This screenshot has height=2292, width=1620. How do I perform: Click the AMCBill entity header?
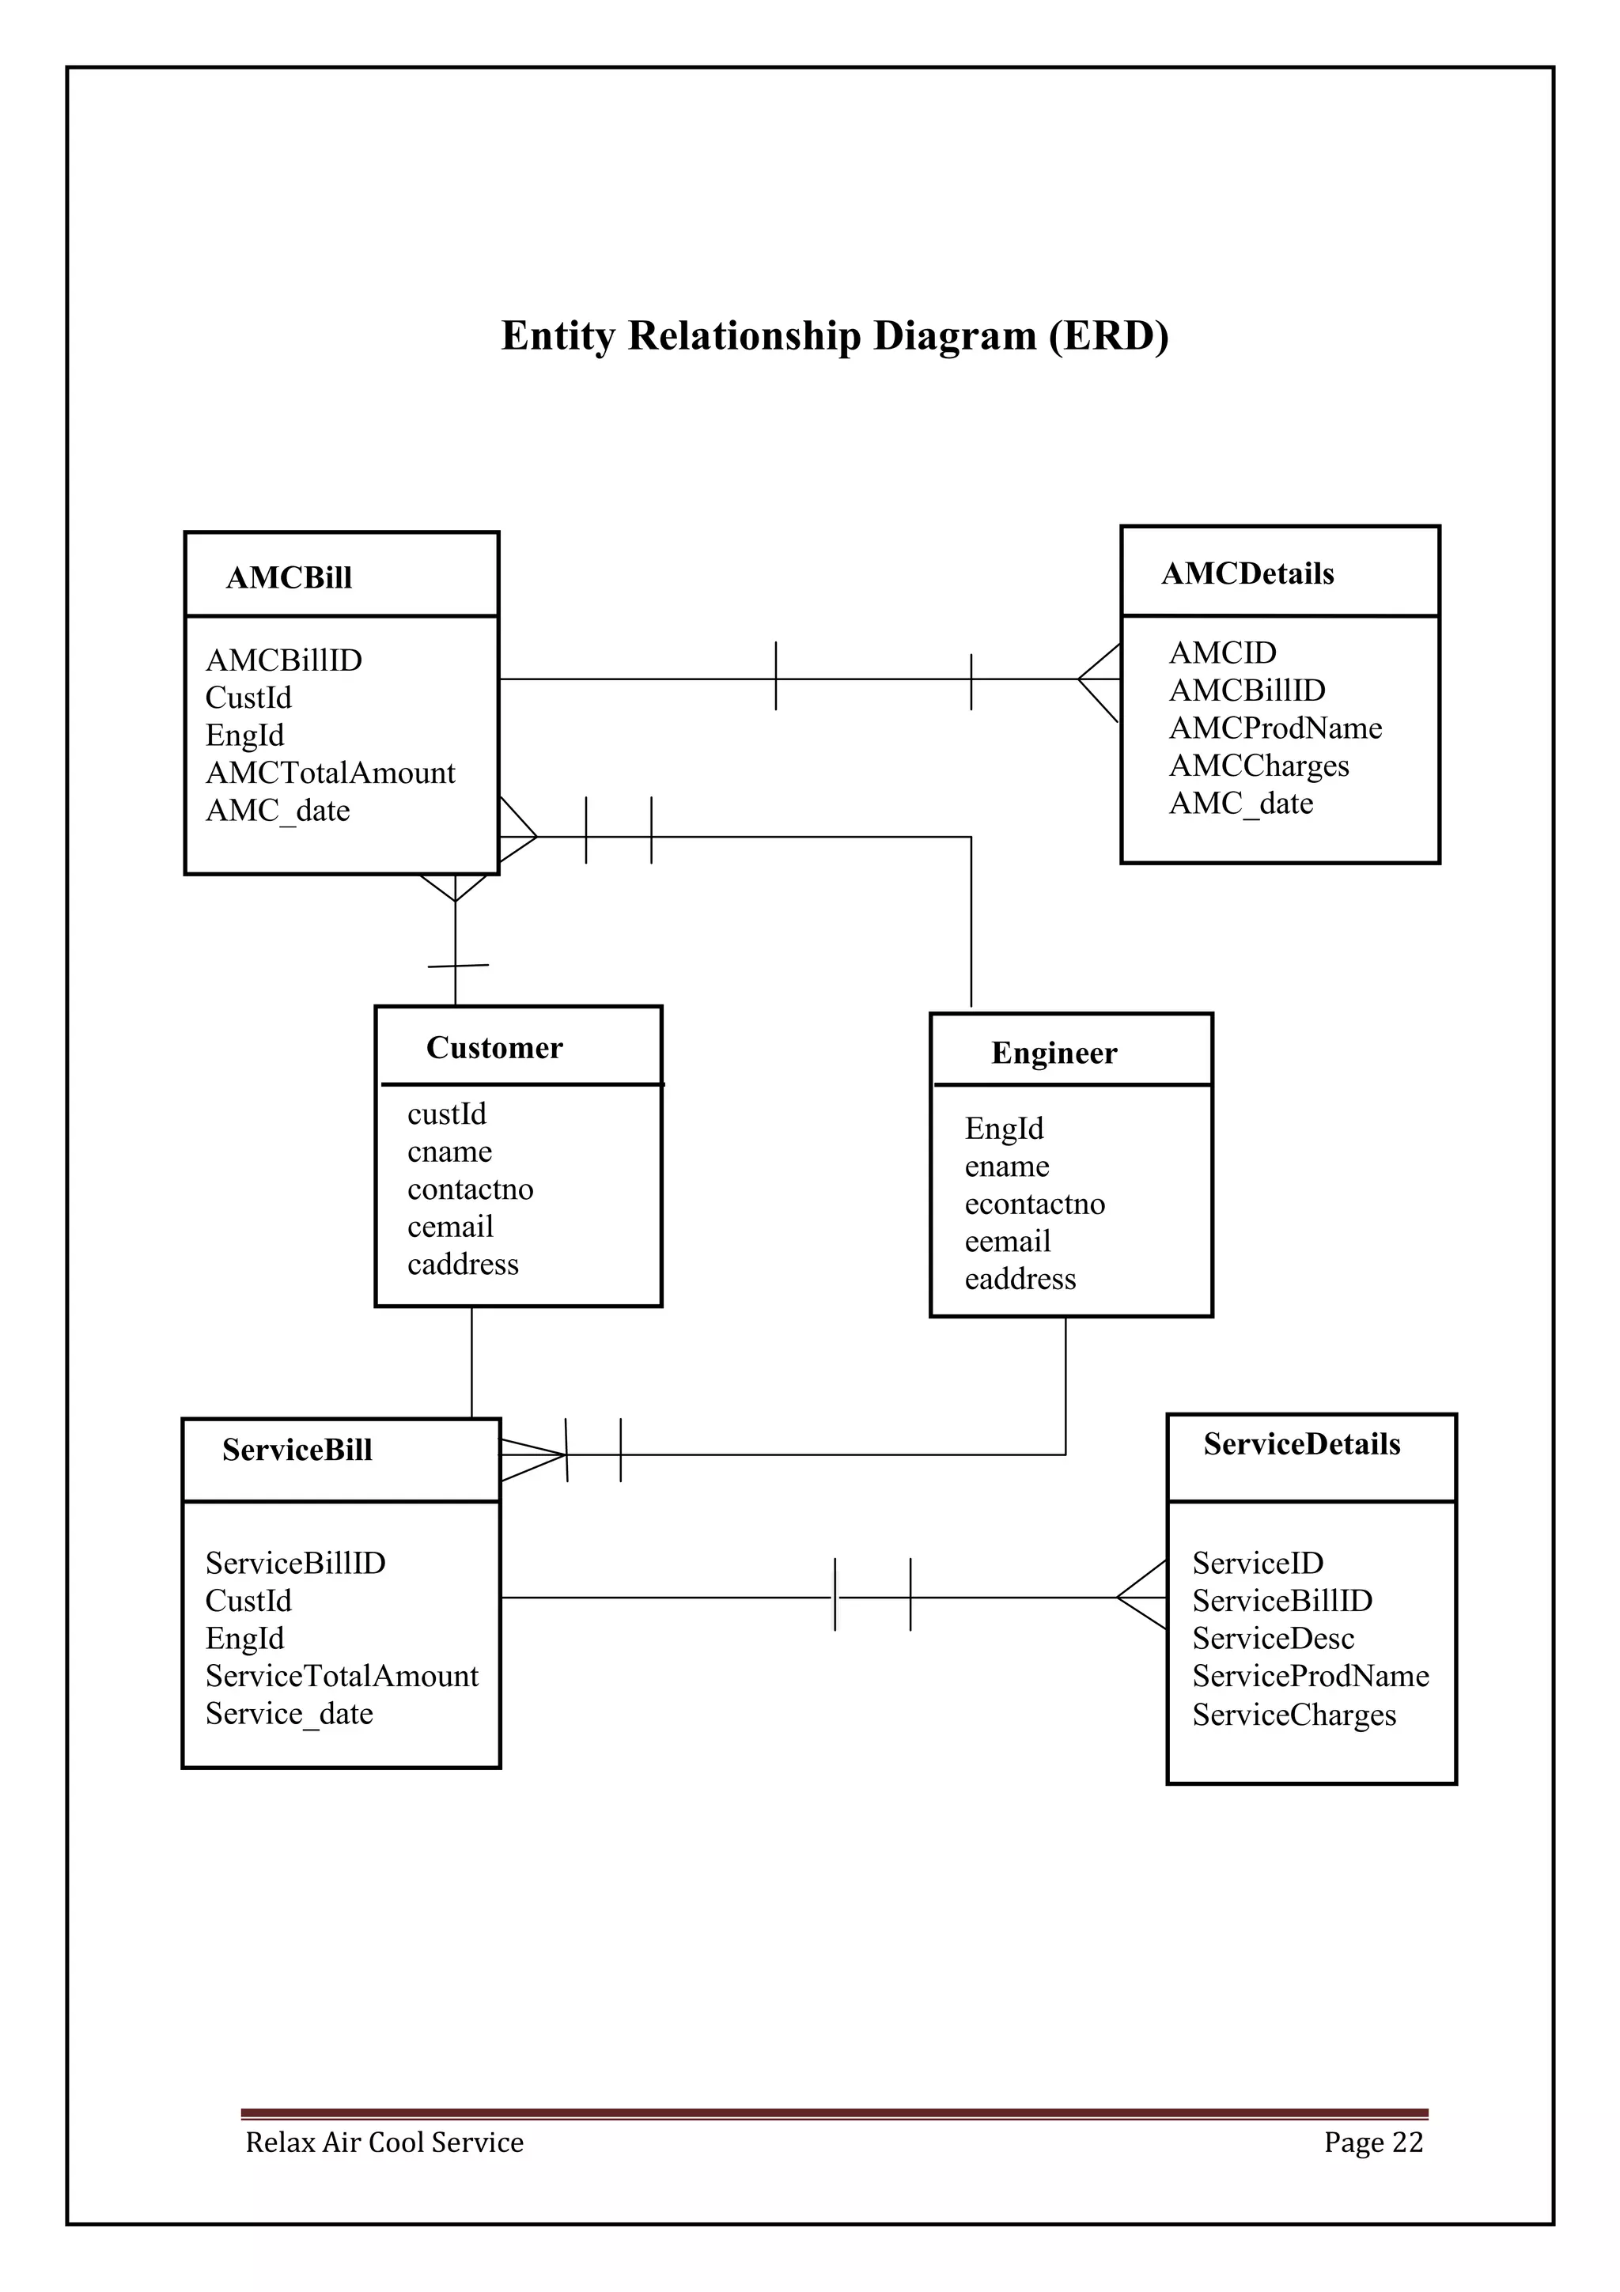[x=289, y=577]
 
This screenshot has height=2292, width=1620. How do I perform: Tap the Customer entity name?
[x=494, y=1047]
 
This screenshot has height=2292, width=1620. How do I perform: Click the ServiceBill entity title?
[x=297, y=1450]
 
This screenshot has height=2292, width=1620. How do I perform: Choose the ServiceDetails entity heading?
[x=1301, y=1443]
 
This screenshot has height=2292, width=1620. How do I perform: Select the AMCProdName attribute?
[x=1274, y=728]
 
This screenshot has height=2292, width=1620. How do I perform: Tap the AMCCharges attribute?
[x=1259, y=766]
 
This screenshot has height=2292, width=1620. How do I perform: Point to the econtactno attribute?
[x=1034, y=1204]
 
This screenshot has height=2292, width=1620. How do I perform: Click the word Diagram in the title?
[x=954, y=335]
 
